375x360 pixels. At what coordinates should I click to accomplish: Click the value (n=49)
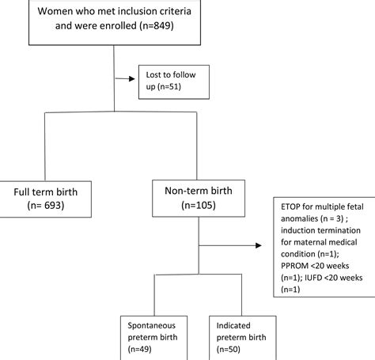pyautogui.click(x=143, y=347)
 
